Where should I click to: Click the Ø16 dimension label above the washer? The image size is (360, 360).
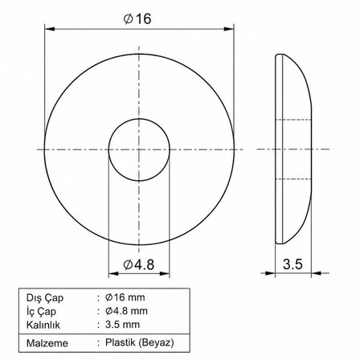(137, 18)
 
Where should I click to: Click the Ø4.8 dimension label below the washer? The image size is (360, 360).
(139, 265)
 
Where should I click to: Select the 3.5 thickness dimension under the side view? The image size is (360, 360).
(292, 264)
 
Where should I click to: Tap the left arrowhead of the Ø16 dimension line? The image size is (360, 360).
(50, 29)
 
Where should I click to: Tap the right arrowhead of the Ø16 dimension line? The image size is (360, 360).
(229, 29)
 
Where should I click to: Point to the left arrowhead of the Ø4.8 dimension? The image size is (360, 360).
(113, 273)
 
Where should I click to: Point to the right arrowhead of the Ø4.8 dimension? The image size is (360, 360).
(165, 273)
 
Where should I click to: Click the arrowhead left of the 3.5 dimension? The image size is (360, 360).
(270, 273)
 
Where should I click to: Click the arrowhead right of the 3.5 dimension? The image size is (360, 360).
(317, 273)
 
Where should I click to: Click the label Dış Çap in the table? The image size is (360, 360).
(45, 297)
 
